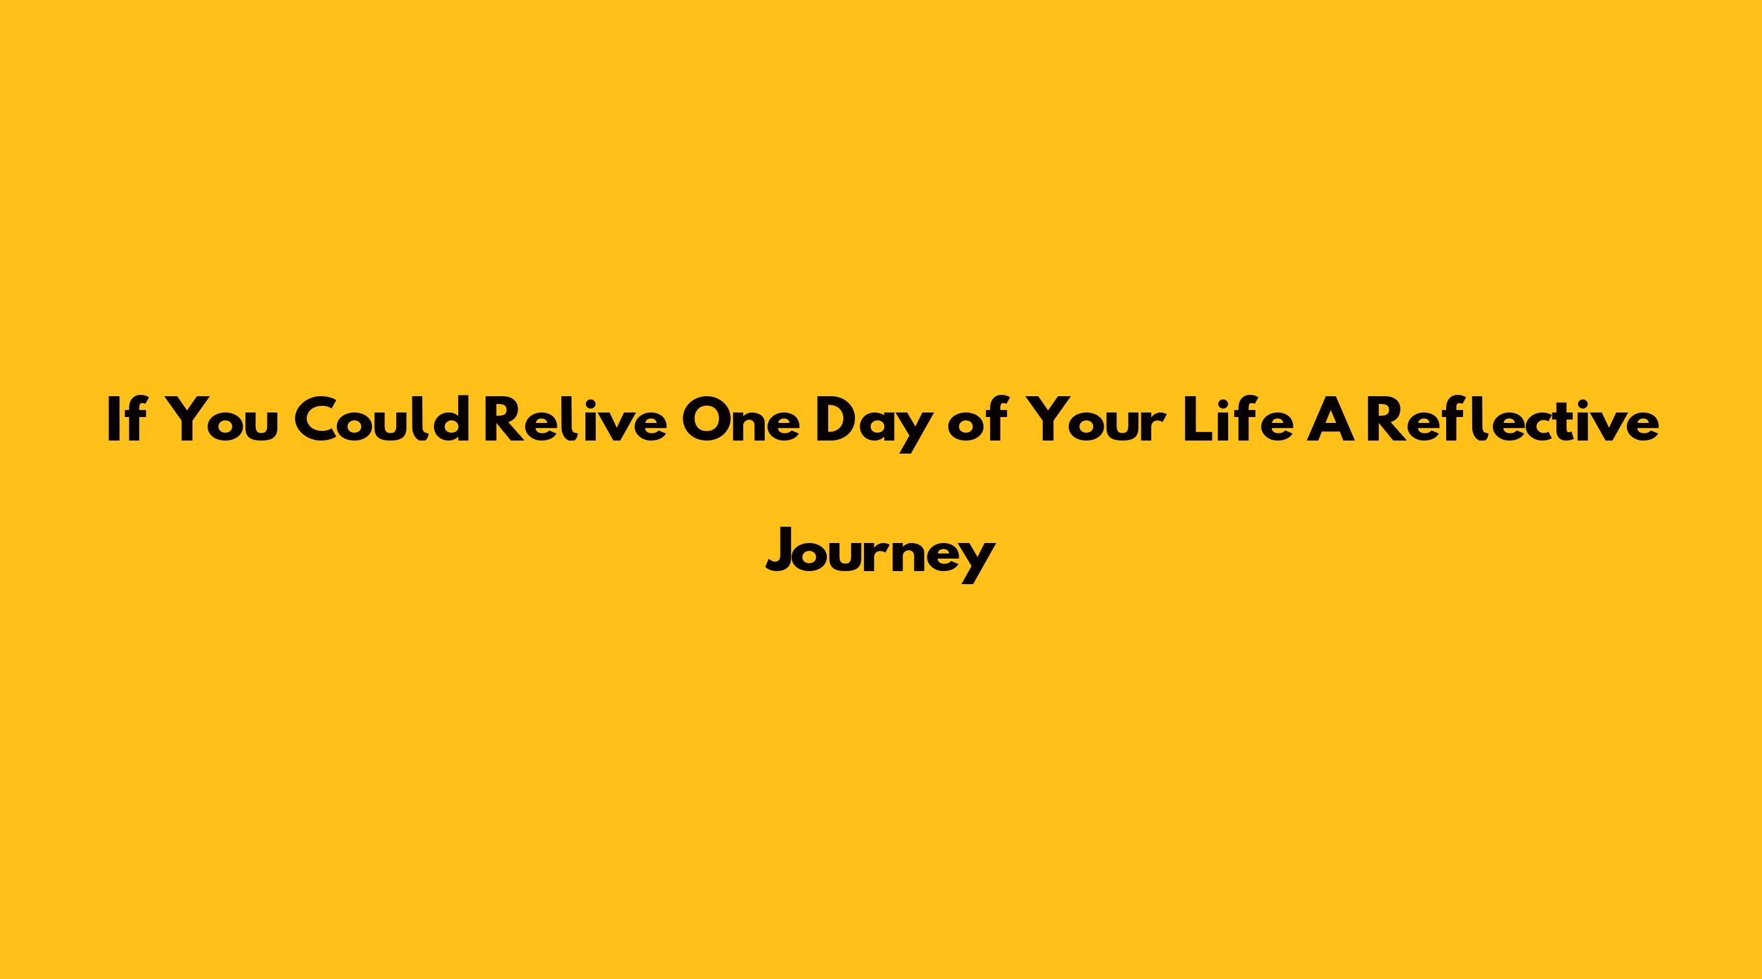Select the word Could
381,419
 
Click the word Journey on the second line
880,554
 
